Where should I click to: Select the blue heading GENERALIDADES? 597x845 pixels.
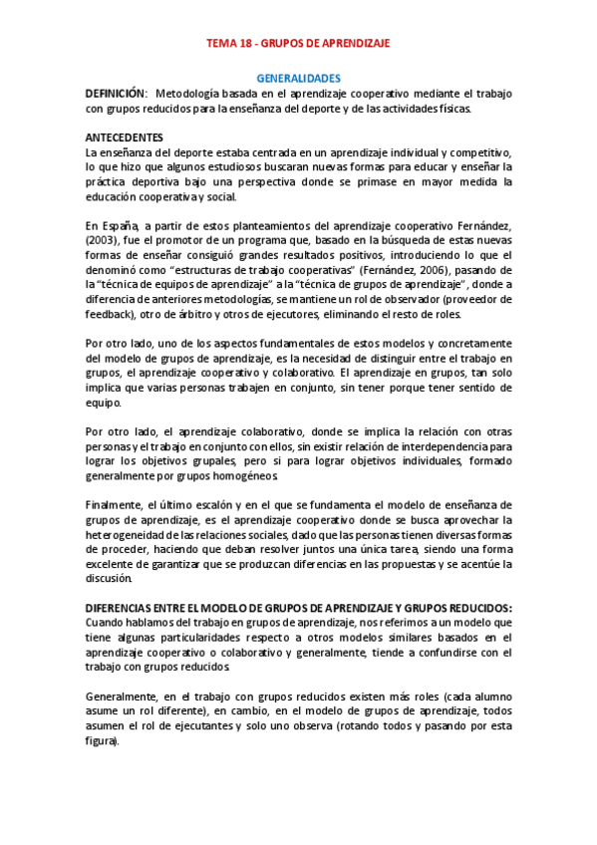coord(299,77)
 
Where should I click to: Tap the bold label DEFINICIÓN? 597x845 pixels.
coord(117,93)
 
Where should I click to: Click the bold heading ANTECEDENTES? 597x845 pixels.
coord(125,137)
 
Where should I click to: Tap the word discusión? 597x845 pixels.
coord(110,578)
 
